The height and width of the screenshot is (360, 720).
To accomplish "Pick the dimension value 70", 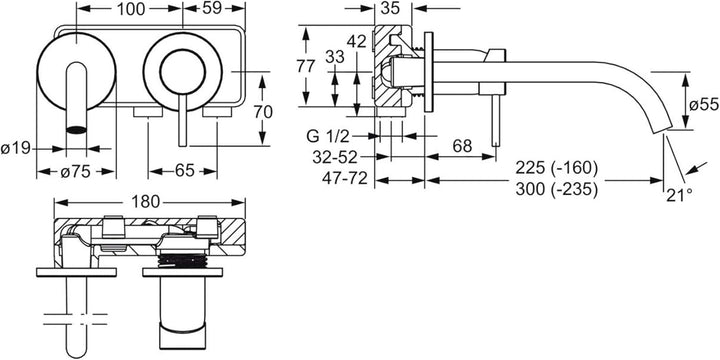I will click(x=263, y=112).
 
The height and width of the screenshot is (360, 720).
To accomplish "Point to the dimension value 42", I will click(x=357, y=42).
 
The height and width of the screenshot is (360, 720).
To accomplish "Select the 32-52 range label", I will click(x=334, y=157).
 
